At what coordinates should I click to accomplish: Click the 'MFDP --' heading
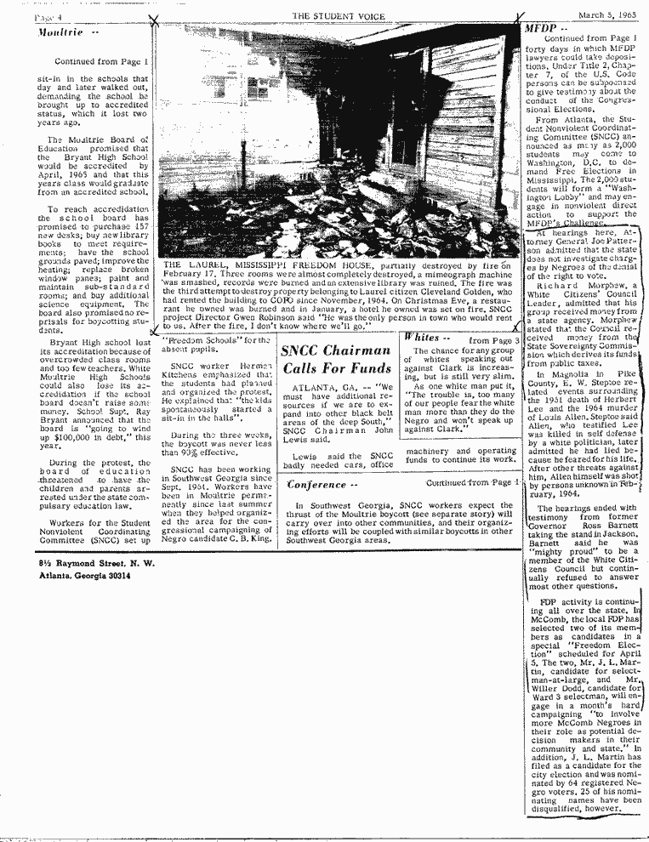pyautogui.click(x=545, y=29)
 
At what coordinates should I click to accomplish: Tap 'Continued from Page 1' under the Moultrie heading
pyautogui.click(x=101, y=62)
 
